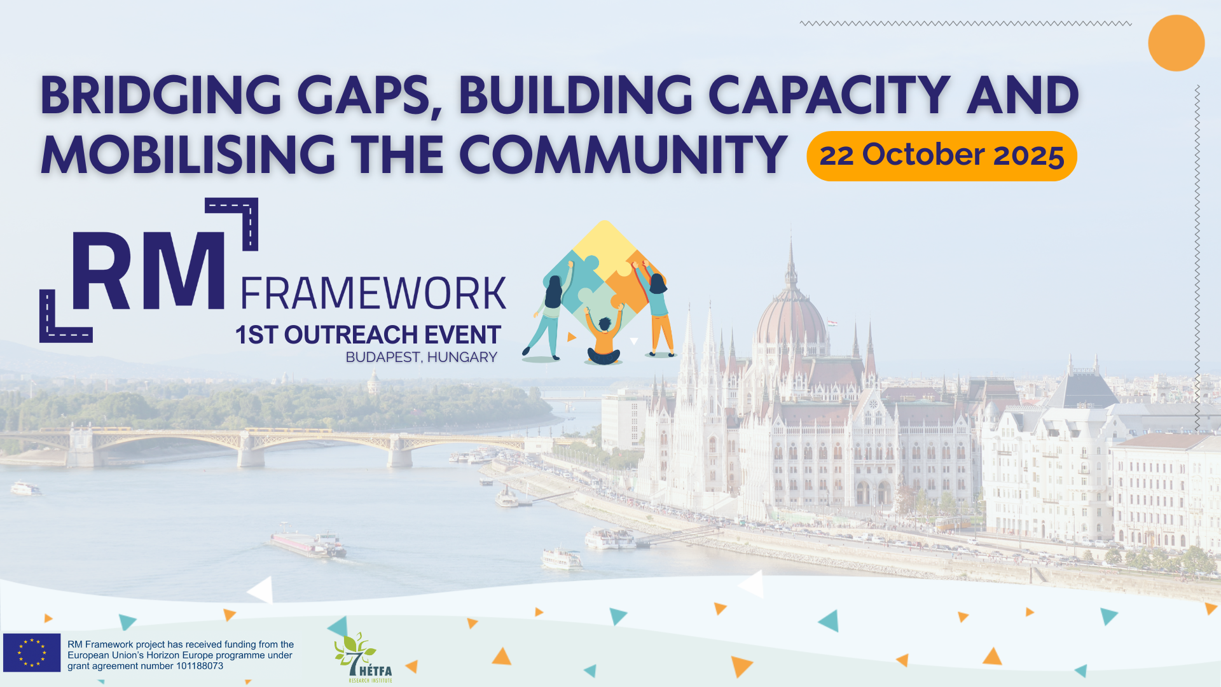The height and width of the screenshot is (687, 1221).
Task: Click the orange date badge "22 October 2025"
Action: tap(941, 156)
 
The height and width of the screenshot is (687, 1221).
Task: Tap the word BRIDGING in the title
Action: tap(161, 95)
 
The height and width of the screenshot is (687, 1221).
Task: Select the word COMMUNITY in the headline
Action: tap(623, 155)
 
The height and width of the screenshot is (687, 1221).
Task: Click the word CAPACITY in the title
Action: tap(829, 95)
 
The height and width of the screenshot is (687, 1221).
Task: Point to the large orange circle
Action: tap(1176, 43)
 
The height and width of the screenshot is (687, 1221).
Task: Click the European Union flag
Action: tap(32, 653)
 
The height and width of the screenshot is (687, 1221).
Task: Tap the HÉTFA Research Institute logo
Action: tap(364, 658)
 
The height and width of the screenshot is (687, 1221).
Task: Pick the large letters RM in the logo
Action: tap(148, 272)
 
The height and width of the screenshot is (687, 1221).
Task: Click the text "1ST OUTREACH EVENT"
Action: tap(368, 335)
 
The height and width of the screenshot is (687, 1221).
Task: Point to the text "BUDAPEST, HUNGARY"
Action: tap(422, 357)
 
